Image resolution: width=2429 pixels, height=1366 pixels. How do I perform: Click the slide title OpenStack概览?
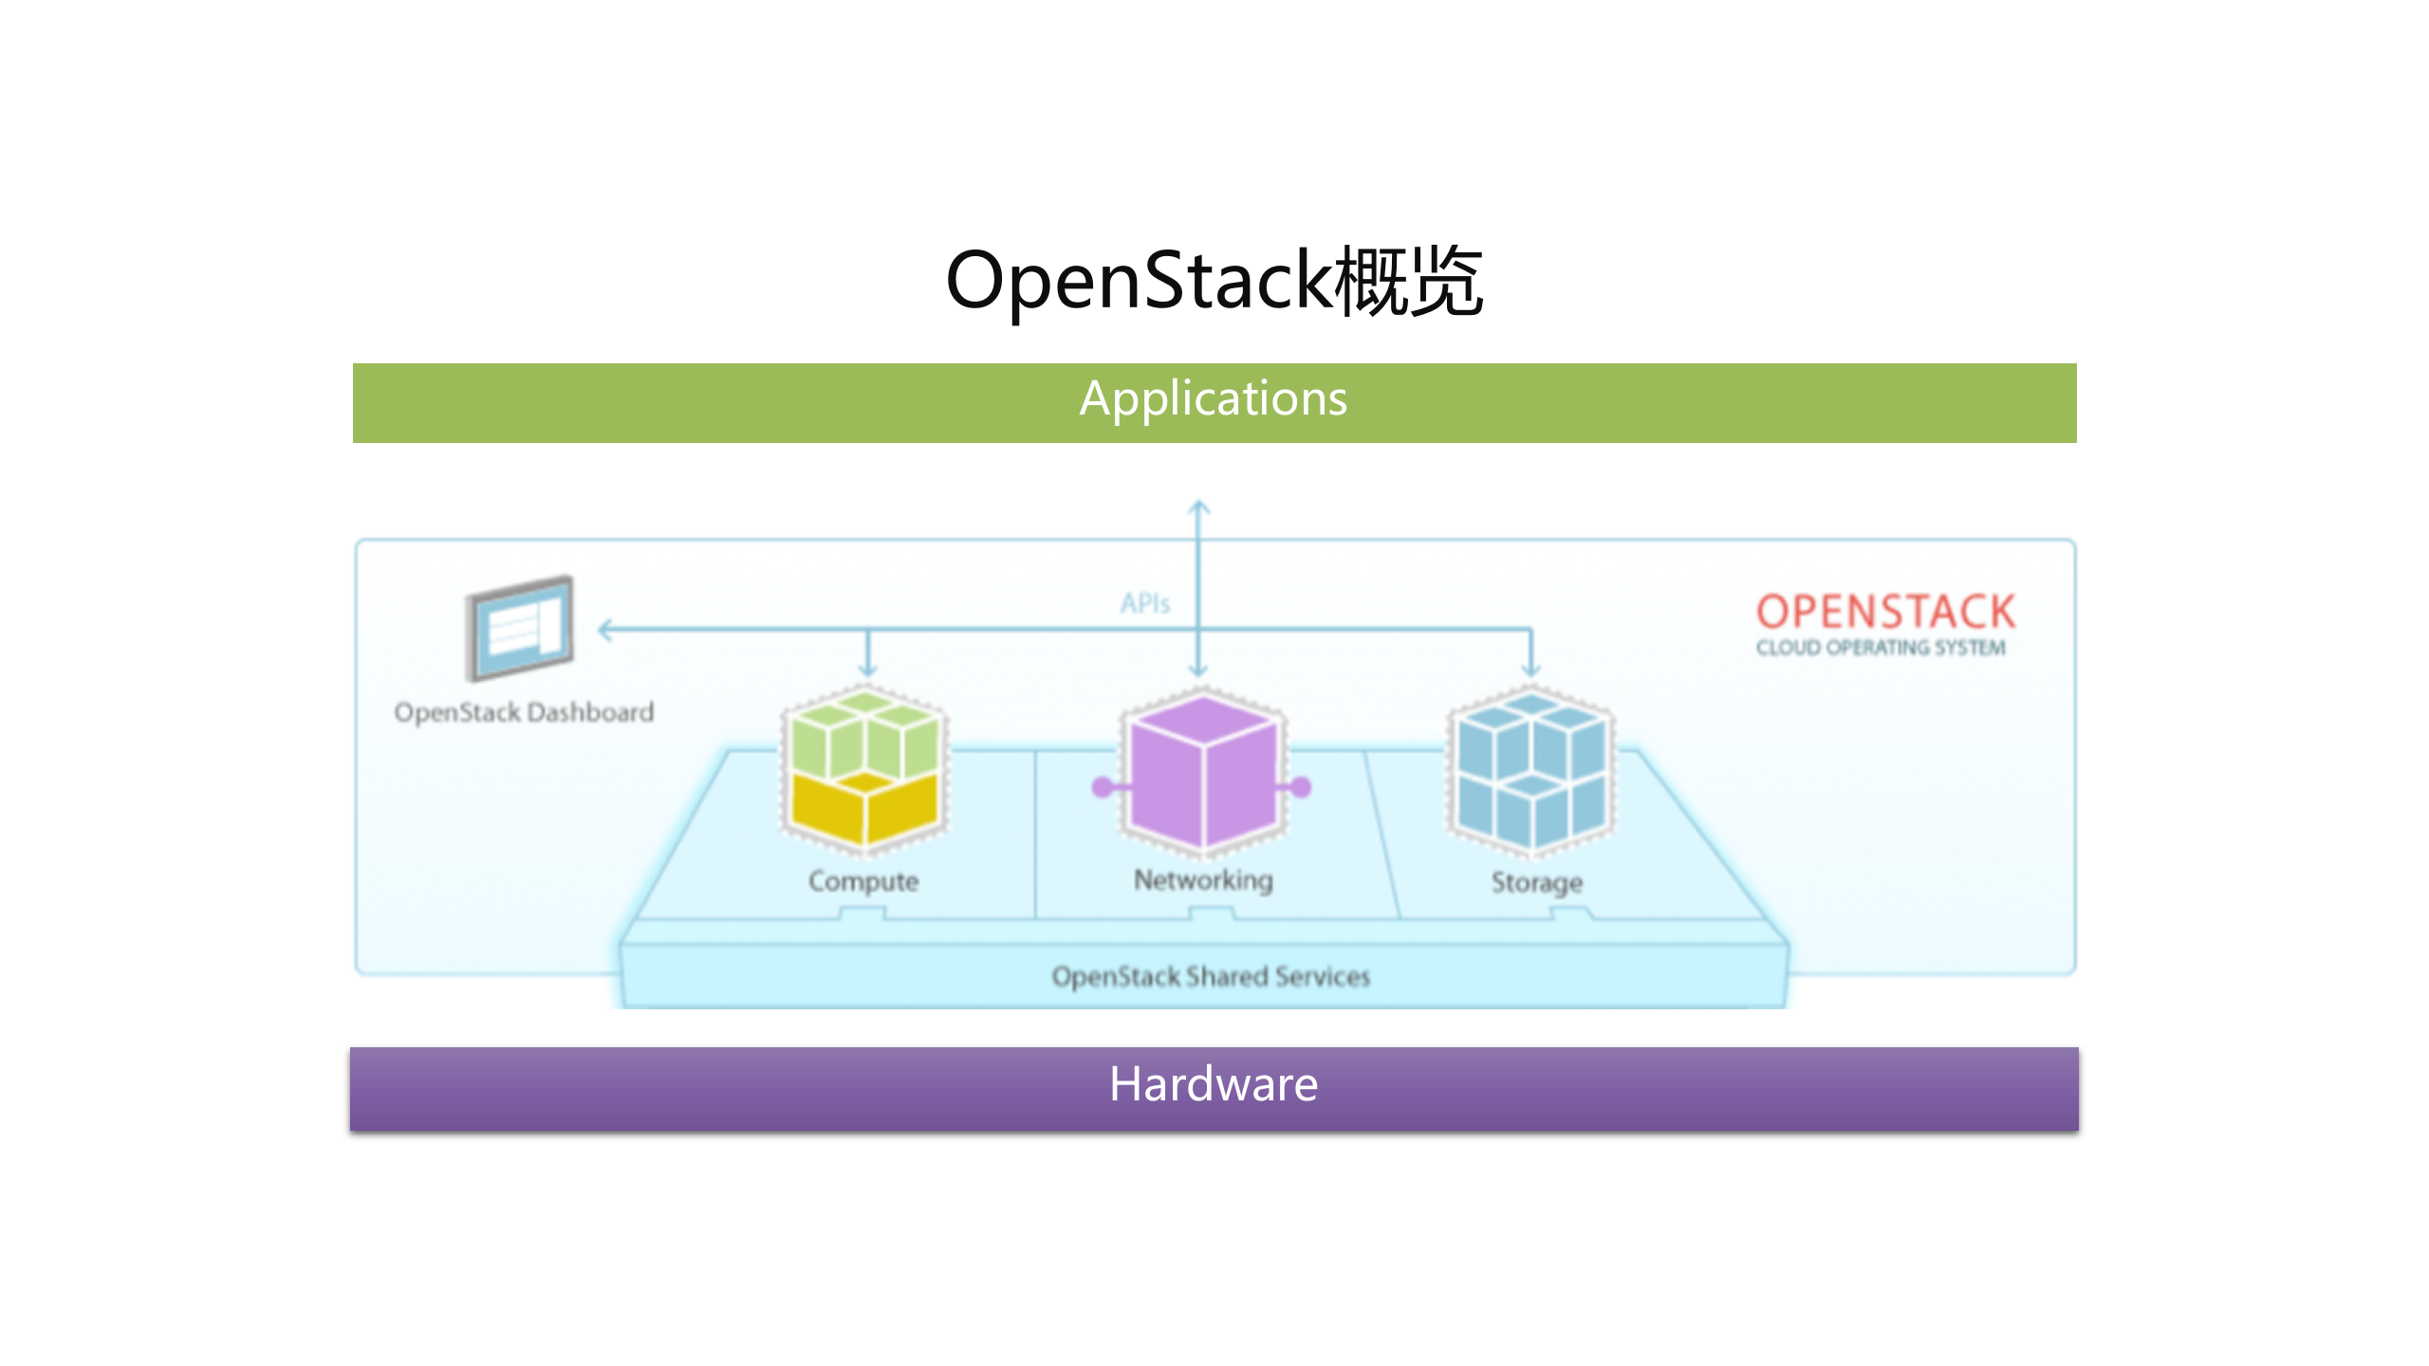coord(1214,281)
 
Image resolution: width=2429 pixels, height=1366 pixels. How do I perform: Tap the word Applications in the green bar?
coord(1214,398)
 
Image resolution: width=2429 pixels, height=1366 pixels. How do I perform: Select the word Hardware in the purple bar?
coord(1214,1084)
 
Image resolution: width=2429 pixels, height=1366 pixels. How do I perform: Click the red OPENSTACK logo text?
coord(1885,612)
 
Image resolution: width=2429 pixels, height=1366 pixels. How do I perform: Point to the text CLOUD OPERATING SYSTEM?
coord(1881,648)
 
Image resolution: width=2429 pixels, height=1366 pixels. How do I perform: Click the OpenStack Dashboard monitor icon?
coord(520,628)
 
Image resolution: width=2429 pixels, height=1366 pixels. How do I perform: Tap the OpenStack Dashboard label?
coord(524,712)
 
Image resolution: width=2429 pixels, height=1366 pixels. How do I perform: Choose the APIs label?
coord(1144,603)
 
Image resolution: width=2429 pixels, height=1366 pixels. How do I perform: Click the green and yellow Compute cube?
coord(864,768)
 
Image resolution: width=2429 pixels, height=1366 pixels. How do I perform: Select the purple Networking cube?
coord(1203,770)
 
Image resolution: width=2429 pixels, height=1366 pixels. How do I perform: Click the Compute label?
coord(863,881)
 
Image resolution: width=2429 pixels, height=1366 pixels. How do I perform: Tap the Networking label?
coord(1203,880)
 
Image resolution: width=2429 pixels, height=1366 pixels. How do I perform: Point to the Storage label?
coord(1536,882)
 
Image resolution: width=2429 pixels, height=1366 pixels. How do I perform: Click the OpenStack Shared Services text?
coord(1211,976)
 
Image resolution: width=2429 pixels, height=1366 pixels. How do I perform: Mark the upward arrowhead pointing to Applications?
coord(1199,508)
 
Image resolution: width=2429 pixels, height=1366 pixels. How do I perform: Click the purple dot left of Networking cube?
coord(1103,786)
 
